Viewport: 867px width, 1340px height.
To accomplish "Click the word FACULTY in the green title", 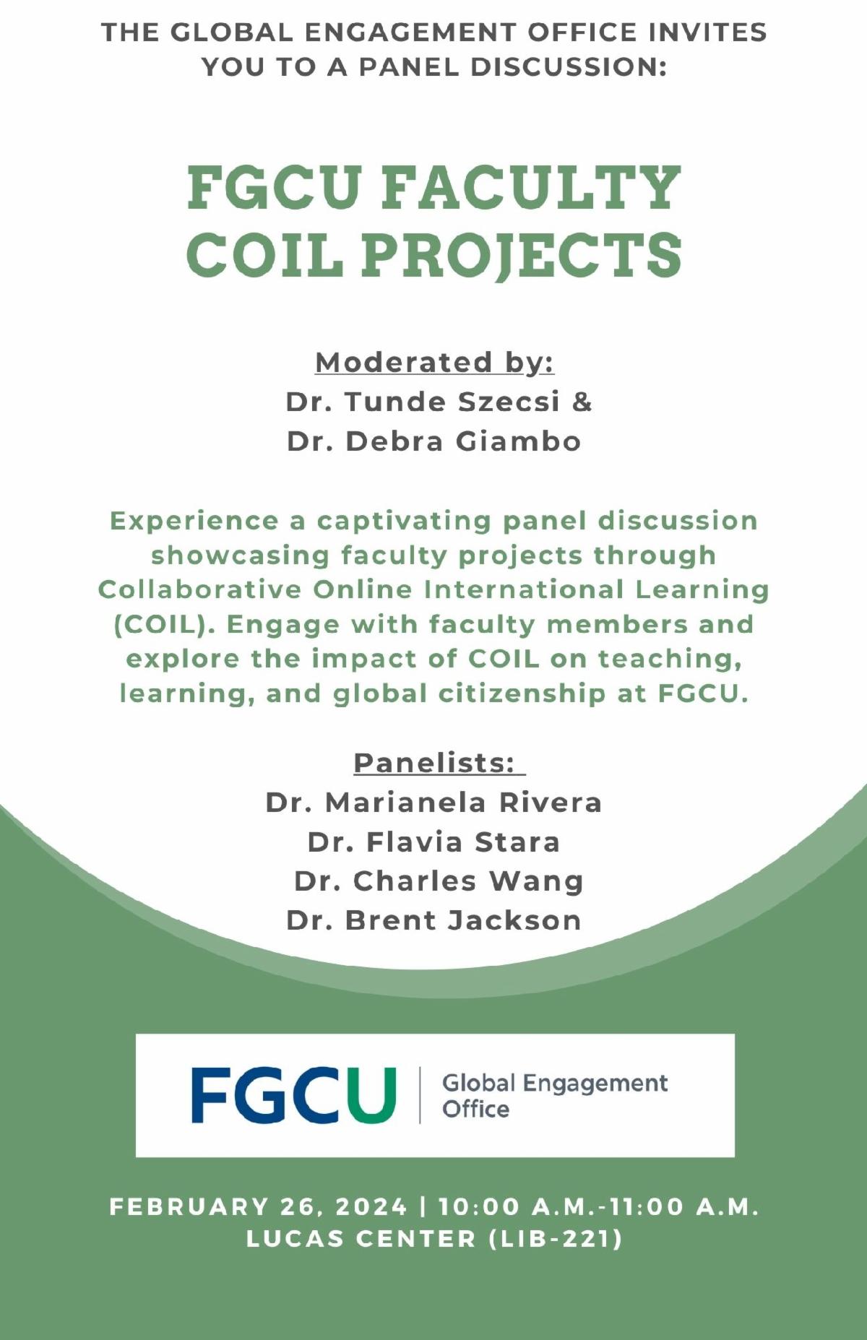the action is [x=532, y=188].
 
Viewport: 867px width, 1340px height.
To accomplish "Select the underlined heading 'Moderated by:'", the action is [x=435, y=363].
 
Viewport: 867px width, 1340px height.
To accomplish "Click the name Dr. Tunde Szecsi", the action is [x=423, y=402].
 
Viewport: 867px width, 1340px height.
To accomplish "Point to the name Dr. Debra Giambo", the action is [x=434, y=441].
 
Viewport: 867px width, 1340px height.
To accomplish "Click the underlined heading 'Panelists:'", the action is [x=435, y=763].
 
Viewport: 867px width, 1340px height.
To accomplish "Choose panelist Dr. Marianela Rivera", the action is [x=433, y=803].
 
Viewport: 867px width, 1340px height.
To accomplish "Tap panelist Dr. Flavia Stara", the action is [x=433, y=842].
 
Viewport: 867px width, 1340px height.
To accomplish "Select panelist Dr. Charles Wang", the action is [x=439, y=881].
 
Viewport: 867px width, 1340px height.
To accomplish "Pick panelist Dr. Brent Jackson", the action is [x=433, y=920].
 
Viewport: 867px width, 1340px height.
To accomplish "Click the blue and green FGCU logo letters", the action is [x=294, y=1095].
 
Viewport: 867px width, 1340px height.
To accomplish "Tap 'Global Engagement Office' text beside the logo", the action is [x=555, y=1096].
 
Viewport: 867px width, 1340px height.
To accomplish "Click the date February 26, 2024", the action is [x=259, y=1206].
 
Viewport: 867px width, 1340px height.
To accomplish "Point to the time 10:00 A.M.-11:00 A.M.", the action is [x=599, y=1206].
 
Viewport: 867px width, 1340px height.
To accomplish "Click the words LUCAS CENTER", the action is [x=361, y=1239].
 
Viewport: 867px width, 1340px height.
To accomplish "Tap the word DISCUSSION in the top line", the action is [x=568, y=66].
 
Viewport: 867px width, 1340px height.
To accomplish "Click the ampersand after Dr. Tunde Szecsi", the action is [x=582, y=402].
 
